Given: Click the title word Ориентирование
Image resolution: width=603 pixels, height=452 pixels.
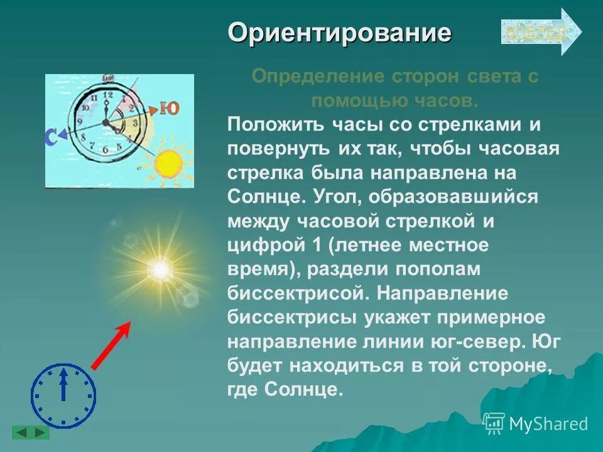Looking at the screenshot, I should tap(339, 32).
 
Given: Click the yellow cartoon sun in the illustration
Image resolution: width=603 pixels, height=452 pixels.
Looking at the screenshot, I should tap(168, 163).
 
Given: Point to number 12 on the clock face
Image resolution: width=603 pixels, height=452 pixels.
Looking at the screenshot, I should tap(106, 94).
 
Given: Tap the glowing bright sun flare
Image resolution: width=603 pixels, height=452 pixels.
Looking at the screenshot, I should tap(160, 271).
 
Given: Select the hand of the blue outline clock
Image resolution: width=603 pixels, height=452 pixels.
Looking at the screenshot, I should tap(63, 384).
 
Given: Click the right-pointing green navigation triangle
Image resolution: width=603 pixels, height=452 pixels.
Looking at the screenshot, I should tap(39, 433).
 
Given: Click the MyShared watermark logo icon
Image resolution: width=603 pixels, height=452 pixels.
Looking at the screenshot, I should tap(494, 423).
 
